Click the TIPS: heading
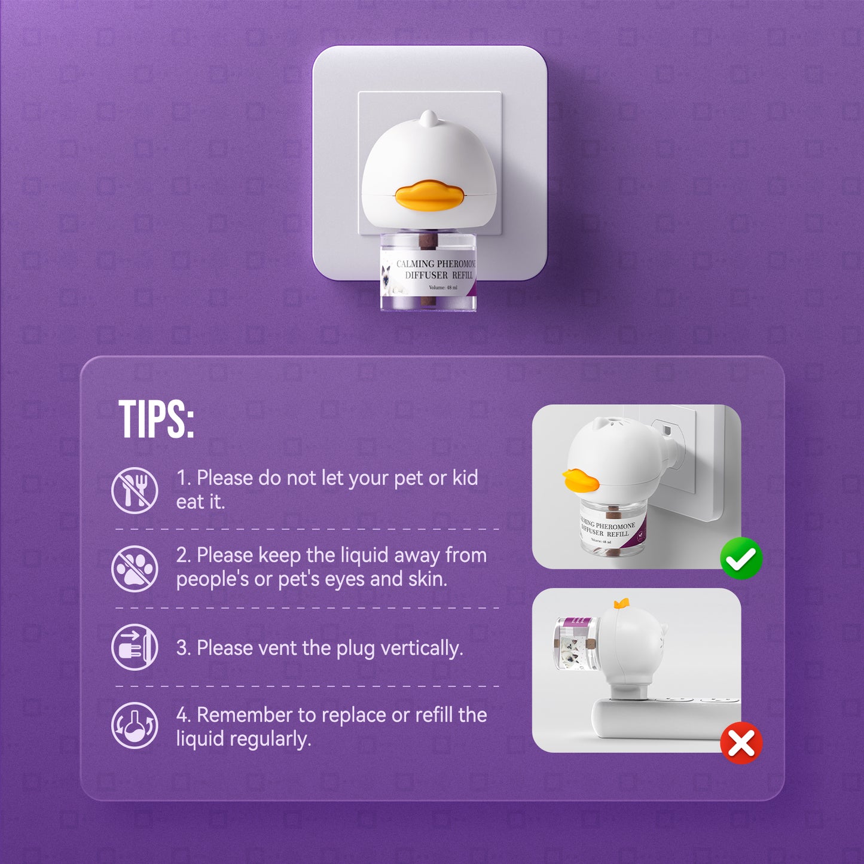156,419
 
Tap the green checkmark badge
741,558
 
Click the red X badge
741,743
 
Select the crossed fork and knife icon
135,490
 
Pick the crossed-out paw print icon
135,569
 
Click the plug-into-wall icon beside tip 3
135,647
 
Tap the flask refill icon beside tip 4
135,725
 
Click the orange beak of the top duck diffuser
429,196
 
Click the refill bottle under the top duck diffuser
428,271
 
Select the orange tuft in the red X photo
621,604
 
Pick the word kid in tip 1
465,478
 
